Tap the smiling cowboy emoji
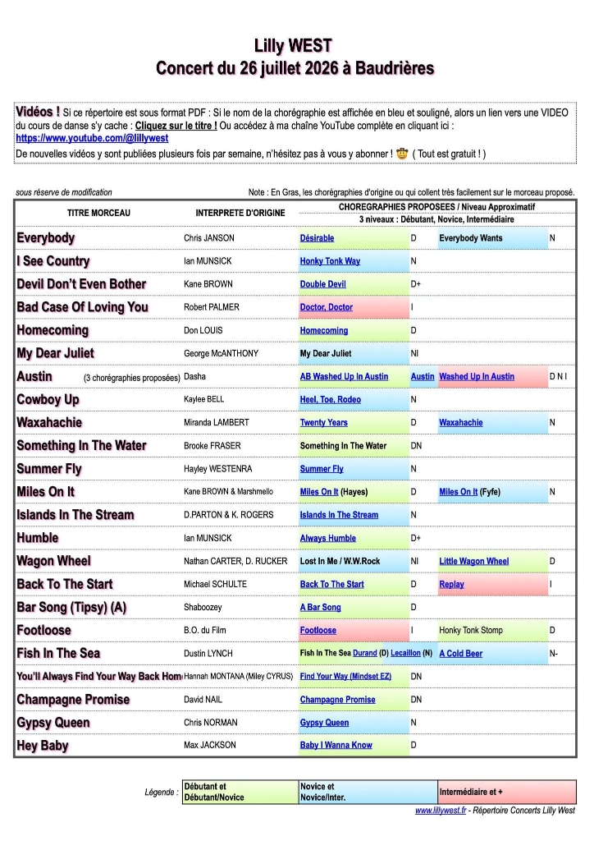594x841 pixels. [x=402, y=154]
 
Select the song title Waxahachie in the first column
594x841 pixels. [x=49, y=422]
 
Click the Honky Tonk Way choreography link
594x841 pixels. [x=330, y=261]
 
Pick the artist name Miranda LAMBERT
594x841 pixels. [x=221, y=422]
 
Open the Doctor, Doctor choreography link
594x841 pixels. [x=326, y=307]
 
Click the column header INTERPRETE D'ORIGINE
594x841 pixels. [x=240, y=213]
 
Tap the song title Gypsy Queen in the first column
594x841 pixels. [x=53, y=723]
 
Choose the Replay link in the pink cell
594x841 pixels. [x=451, y=584]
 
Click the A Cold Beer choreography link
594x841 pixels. [x=461, y=654]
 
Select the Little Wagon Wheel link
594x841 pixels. [x=473, y=561]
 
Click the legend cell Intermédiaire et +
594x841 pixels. [x=471, y=792]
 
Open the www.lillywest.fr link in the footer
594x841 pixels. [x=441, y=811]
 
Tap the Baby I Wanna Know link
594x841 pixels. [x=336, y=746]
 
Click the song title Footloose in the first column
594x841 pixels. [x=44, y=630]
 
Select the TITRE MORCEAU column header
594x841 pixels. [x=98, y=213]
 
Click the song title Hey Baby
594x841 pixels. [x=43, y=746]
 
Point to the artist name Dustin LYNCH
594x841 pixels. [x=208, y=654]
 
